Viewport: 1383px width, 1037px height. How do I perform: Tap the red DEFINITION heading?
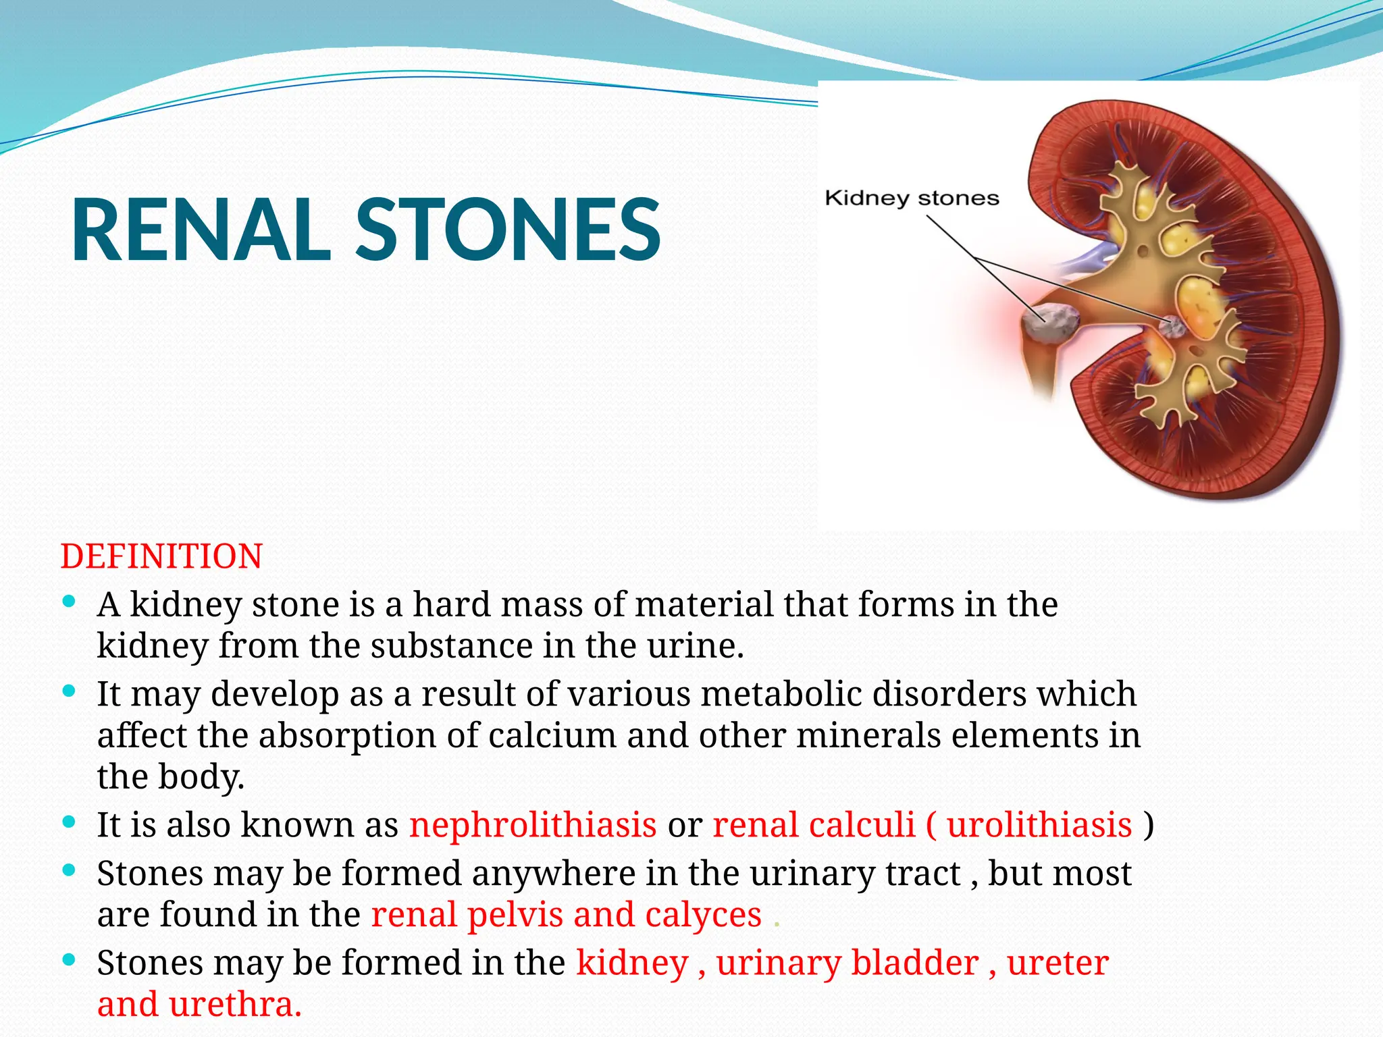pyautogui.click(x=161, y=557)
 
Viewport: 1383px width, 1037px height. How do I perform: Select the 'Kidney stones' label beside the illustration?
pyautogui.click(x=912, y=198)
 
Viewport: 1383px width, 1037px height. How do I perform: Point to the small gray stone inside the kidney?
pyautogui.click(x=1172, y=326)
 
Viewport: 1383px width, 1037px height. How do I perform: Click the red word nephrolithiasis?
pyautogui.click(x=533, y=825)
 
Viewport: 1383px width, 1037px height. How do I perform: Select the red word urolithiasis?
pyautogui.click(x=1039, y=825)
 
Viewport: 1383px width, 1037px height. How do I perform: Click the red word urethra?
pyautogui.click(x=235, y=1005)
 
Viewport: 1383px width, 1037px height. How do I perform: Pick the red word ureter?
pyautogui.click(x=1058, y=963)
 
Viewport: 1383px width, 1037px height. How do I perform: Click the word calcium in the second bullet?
pyautogui.click(x=552, y=735)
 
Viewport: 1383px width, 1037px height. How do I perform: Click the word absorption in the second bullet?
pyautogui.click(x=347, y=737)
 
